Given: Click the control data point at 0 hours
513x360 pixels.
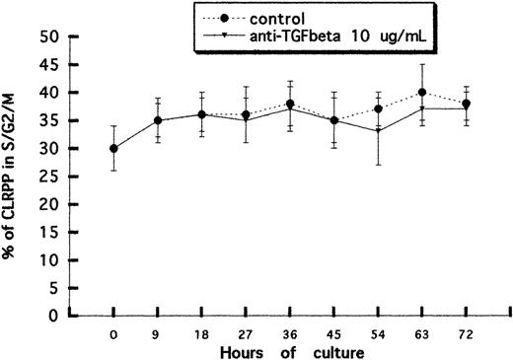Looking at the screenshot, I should [114, 148].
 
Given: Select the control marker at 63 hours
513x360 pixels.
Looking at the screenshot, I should [423, 92].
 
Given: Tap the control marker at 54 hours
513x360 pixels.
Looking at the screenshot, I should [379, 108].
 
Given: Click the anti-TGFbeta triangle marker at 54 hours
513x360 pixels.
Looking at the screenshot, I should [379, 131].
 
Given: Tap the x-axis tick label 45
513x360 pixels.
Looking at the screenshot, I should [335, 334].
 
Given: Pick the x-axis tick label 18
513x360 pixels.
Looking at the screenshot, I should [202, 334].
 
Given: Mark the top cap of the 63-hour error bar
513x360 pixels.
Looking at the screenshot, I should [423, 64].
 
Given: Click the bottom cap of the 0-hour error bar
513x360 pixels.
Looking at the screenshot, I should [114, 171].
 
